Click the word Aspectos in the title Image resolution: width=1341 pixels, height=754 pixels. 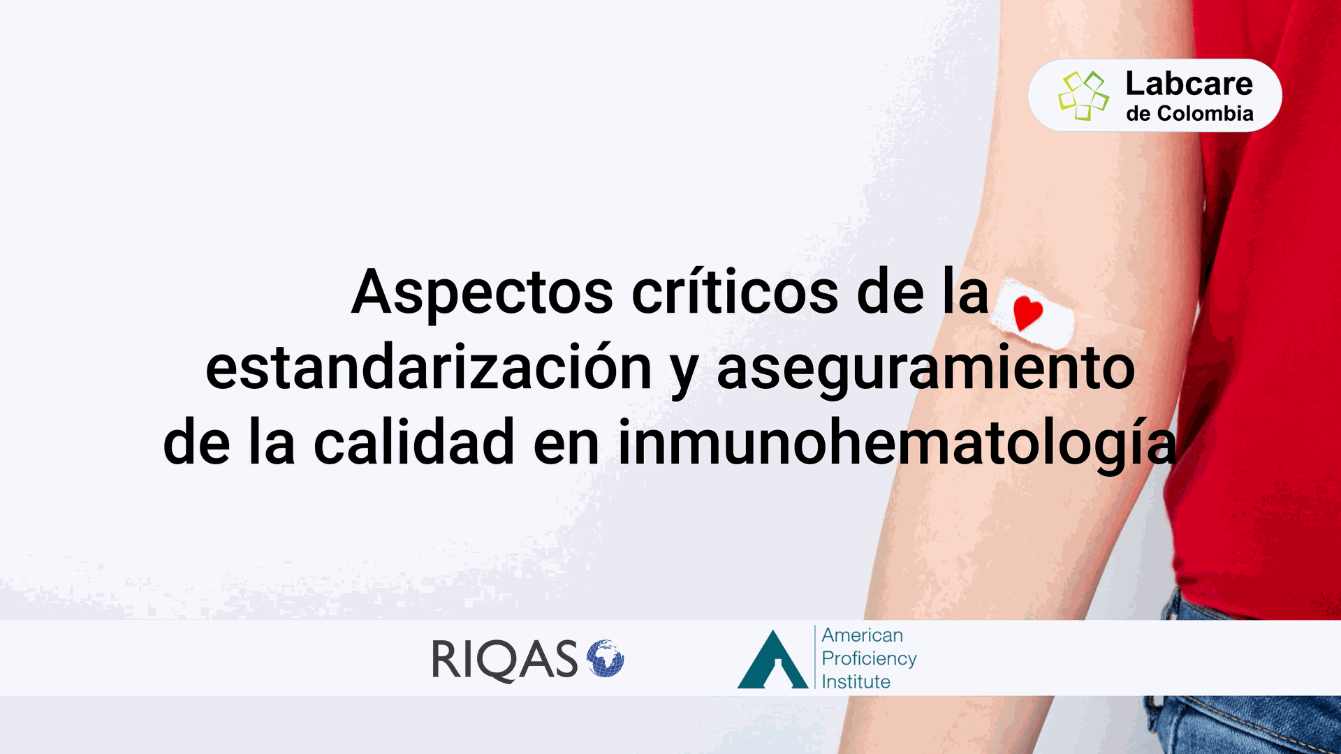(x=483, y=294)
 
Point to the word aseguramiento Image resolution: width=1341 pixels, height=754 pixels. (x=926, y=369)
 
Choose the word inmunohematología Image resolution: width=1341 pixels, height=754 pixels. (x=897, y=445)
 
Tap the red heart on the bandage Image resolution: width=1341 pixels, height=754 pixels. (x=1027, y=313)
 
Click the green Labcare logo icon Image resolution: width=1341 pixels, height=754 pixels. (x=1083, y=96)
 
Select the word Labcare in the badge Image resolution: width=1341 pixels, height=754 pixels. (x=1189, y=84)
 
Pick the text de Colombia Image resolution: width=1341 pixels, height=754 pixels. (x=1189, y=114)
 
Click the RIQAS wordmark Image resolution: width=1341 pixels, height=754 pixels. (x=505, y=660)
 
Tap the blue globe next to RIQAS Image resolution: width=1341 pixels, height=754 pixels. (x=605, y=658)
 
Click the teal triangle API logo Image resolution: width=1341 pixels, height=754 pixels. (x=773, y=660)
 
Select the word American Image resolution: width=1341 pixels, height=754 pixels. (x=863, y=635)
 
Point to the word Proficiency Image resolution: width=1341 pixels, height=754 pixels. (x=870, y=659)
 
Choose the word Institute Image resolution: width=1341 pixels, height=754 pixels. (x=856, y=681)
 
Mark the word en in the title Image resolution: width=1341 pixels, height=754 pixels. (x=566, y=448)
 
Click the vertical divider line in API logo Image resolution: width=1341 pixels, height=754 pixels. (x=815, y=657)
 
